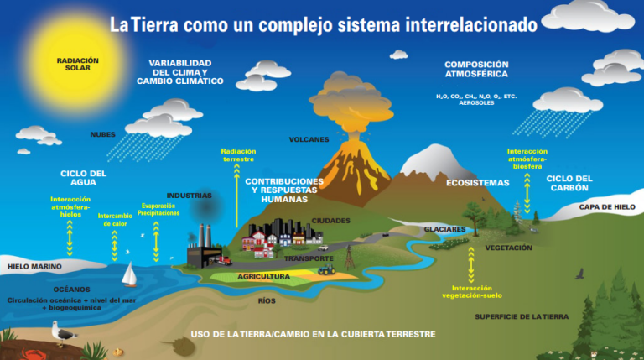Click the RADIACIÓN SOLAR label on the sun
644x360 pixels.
78,64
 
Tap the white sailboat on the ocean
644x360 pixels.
129,274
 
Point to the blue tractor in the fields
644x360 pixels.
326,269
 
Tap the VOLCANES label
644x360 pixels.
309,140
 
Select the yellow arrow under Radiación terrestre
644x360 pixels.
236,196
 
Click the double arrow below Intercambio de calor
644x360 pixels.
115,246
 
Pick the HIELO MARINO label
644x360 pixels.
34,266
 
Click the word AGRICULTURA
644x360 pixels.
263,277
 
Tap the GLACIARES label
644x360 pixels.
444,229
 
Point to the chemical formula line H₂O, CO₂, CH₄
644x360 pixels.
476,97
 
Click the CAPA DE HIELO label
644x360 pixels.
607,206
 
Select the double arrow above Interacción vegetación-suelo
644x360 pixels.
471,264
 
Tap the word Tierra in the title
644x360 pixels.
155,25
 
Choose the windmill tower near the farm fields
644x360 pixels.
350,258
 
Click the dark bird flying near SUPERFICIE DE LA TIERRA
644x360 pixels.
580,274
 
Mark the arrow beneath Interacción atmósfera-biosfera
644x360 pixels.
527,193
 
